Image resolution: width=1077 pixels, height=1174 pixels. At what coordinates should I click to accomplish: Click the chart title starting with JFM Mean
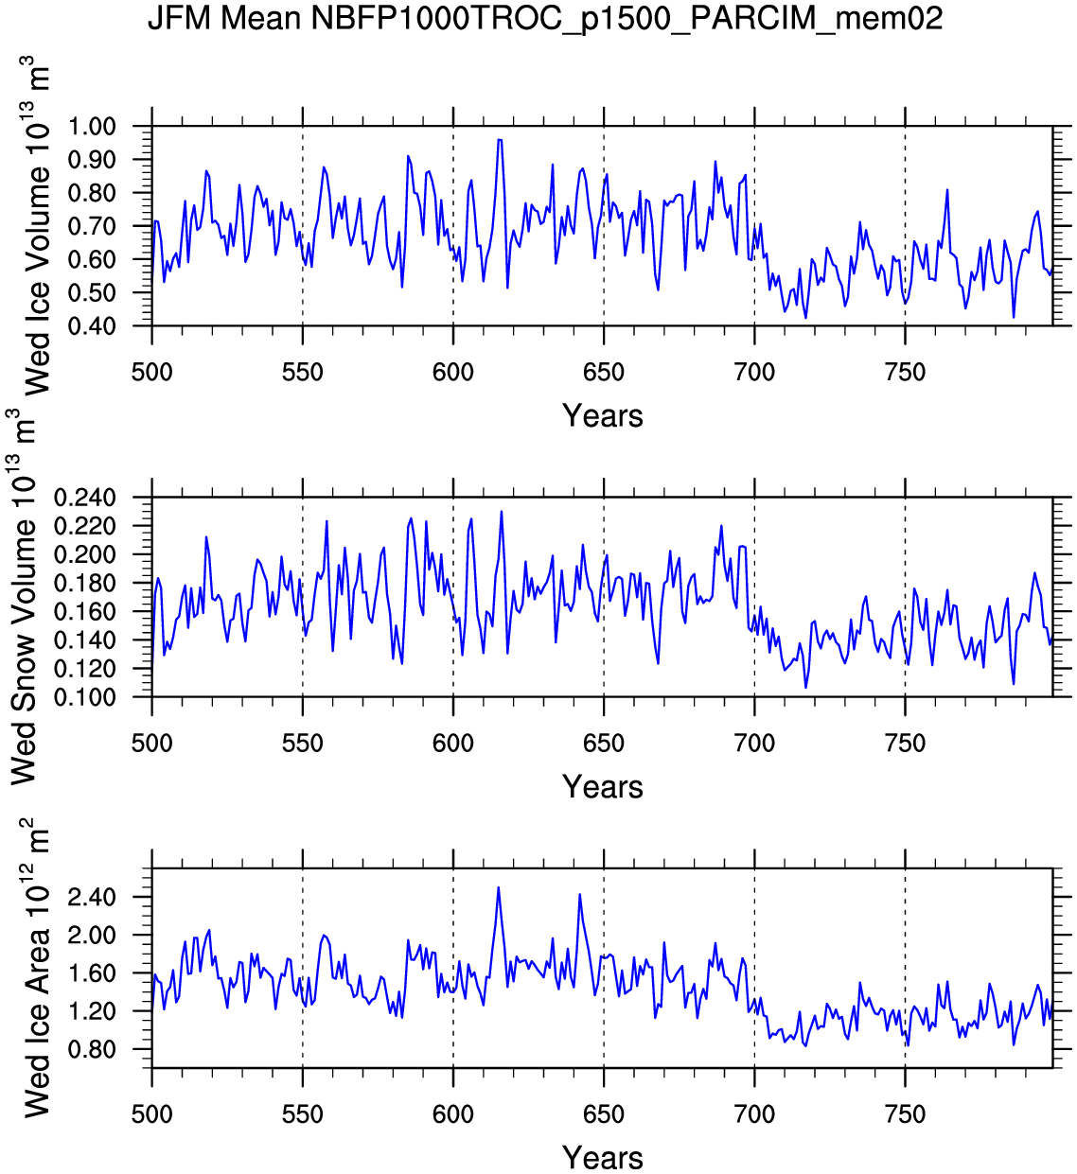pyautogui.click(x=545, y=18)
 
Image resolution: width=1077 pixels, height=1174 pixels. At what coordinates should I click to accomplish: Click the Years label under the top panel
pyautogui.click(x=603, y=416)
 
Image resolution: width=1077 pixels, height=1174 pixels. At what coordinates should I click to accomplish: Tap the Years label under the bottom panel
pyautogui.click(x=603, y=1158)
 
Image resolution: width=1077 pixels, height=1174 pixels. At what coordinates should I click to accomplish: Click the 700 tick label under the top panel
pyautogui.click(x=754, y=373)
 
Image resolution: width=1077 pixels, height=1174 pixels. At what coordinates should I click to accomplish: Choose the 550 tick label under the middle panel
pyautogui.click(x=303, y=744)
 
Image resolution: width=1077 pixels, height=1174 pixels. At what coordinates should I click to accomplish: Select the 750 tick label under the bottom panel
pyautogui.click(x=905, y=1114)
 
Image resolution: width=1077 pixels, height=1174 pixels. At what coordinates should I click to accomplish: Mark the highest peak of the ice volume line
pyautogui.click(x=500, y=140)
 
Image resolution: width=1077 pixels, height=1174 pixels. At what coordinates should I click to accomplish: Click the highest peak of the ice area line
pyautogui.click(x=498, y=887)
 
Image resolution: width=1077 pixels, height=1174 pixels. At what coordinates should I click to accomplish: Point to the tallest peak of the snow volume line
pyautogui.click(x=502, y=512)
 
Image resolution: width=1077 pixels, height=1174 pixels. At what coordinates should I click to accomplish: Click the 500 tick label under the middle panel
pyautogui.click(x=152, y=744)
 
